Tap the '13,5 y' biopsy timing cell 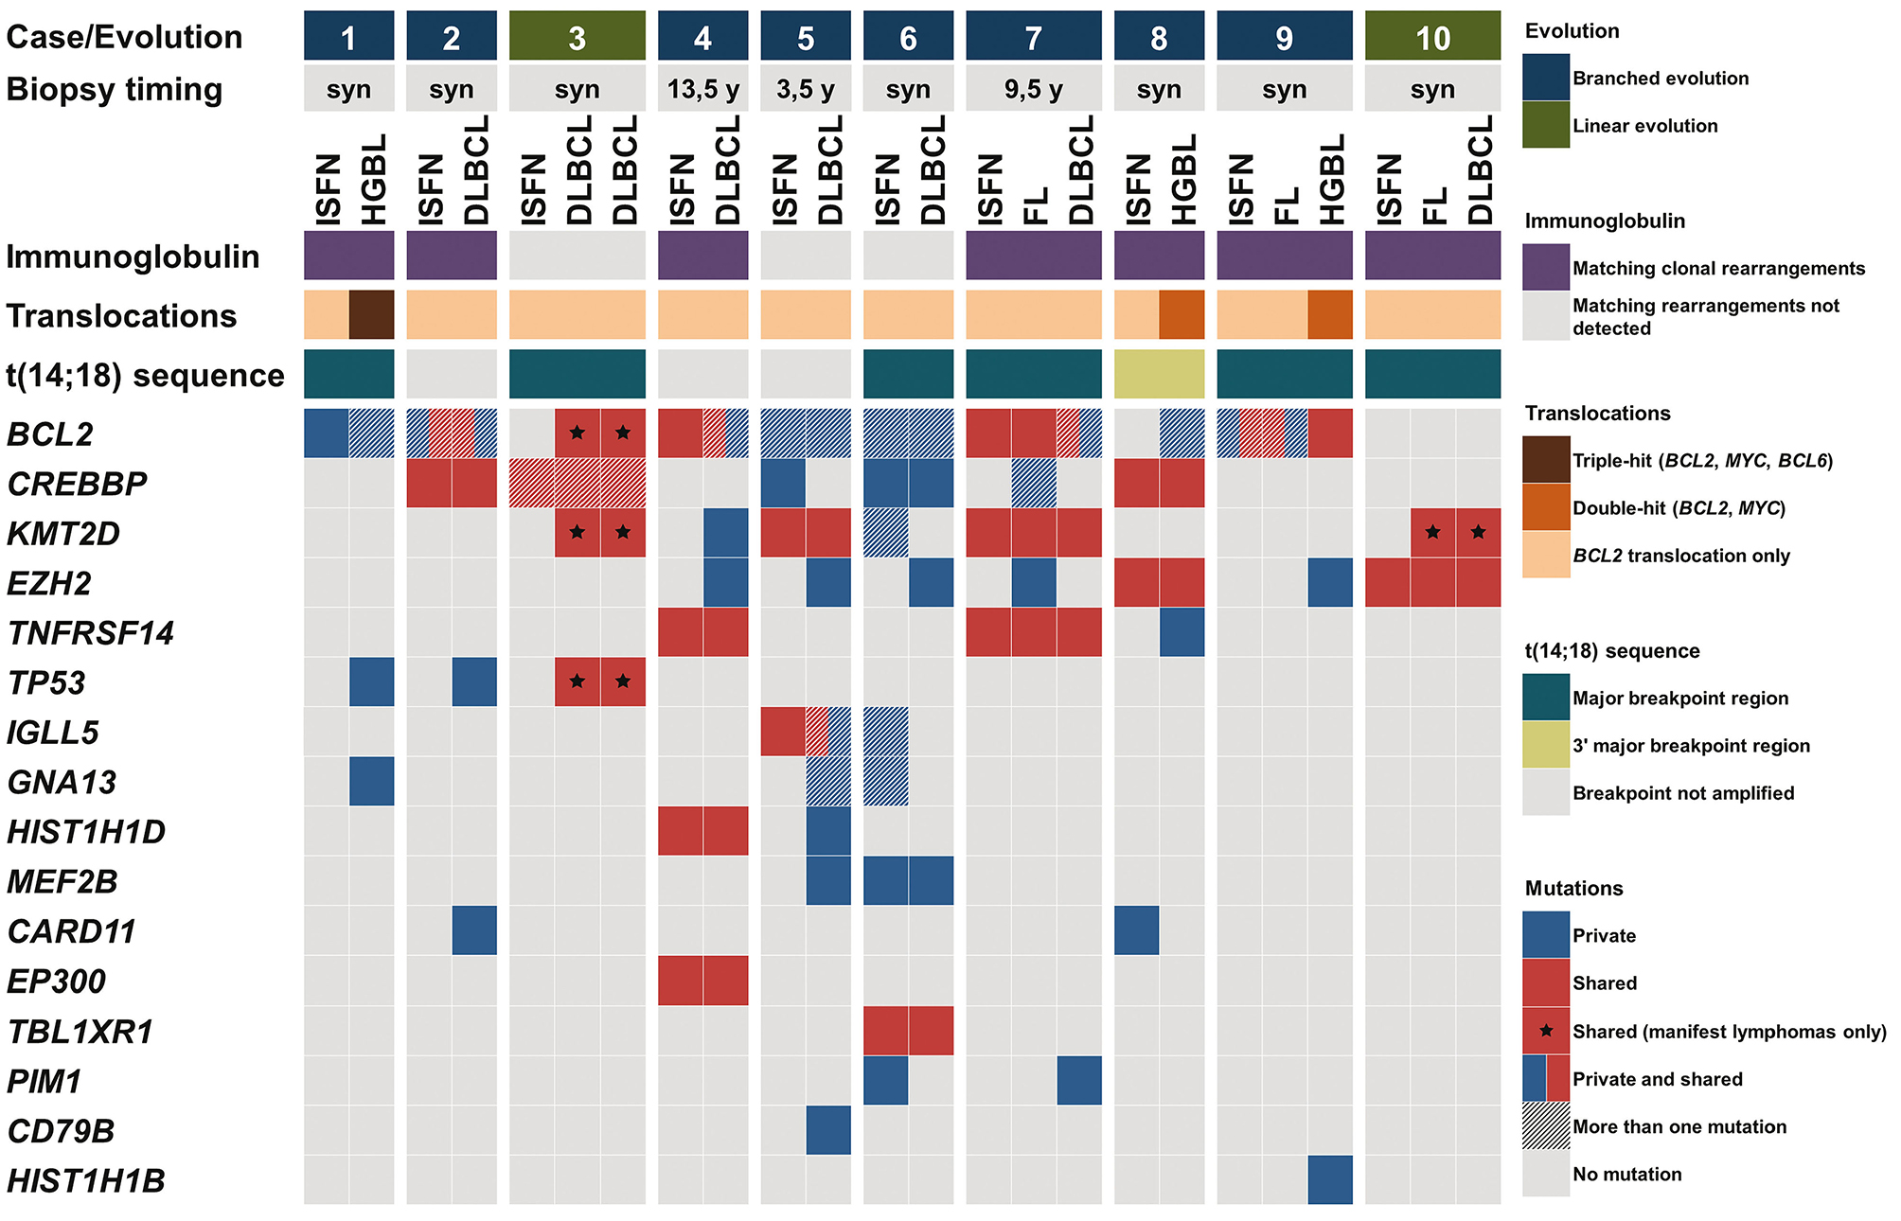(702, 89)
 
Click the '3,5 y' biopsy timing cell (806, 89)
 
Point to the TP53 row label (46, 682)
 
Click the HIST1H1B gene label (86, 1180)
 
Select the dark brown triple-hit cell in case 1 (372, 314)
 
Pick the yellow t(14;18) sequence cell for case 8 (1159, 374)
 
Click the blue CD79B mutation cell (828, 1130)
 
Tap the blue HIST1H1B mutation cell (1330, 1179)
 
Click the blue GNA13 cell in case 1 (372, 782)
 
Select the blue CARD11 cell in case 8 (1136, 930)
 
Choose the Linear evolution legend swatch (1546, 125)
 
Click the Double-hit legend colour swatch (1546, 507)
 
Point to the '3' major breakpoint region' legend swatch (1546, 745)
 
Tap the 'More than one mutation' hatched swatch (1546, 1125)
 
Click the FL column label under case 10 (1433, 204)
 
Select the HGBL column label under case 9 (1331, 179)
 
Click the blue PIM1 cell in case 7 (1079, 1080)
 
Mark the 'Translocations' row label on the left (121, 315)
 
